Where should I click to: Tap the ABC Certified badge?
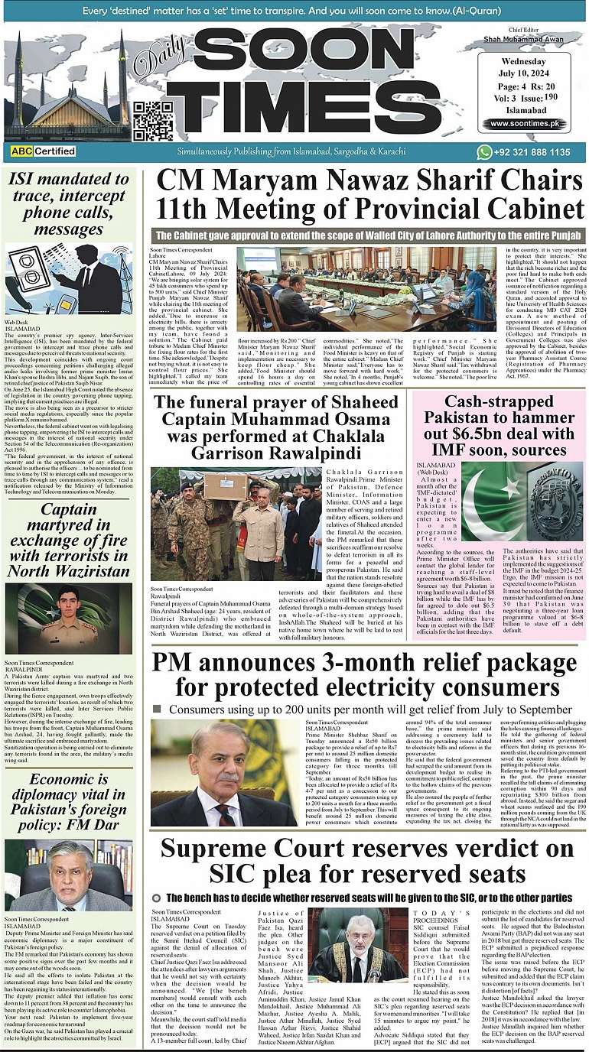click(x=43, y=151)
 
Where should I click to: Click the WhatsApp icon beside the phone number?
click(x=483, y=152)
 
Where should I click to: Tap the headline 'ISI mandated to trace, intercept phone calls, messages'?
click(x=69, y=204)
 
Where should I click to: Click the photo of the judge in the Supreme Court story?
click(x=357, y=945)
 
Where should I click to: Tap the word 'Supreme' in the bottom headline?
click(x=230, y=849)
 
